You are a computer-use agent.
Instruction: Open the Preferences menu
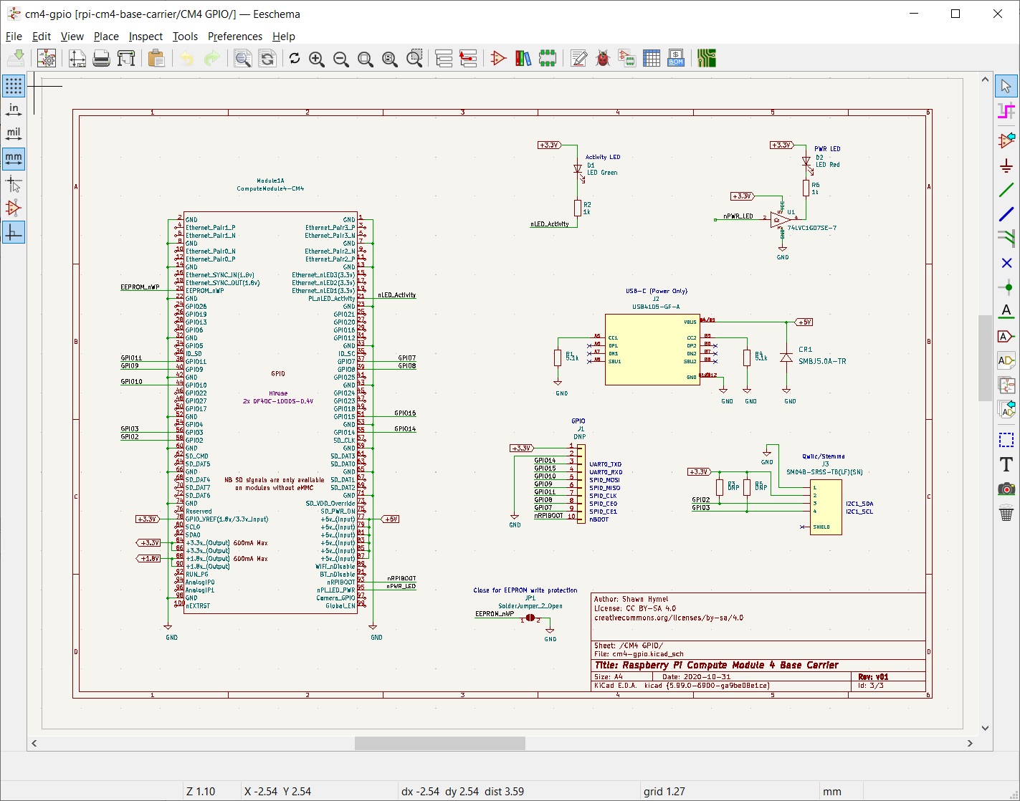point(234,37)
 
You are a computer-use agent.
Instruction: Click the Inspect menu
point(146,37)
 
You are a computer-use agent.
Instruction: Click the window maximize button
point(955,14)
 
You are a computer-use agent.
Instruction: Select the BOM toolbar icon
point(675,59)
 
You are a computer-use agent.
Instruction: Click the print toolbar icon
point(101,59)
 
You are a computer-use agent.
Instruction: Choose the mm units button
point(14,158)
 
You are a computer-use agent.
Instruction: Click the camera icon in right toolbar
point(1006,489)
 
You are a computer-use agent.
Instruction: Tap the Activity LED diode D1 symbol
point(578,170)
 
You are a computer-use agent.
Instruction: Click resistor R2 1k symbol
point(578,208)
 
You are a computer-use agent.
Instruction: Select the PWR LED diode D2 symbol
point(806,163)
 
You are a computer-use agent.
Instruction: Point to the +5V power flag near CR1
point(804,322)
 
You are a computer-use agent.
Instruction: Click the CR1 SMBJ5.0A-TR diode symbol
point(786,357)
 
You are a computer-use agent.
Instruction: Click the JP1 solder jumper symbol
point(530,618)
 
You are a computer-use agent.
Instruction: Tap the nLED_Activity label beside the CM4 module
point(396,294)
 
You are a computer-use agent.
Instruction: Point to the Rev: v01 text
point(873,676)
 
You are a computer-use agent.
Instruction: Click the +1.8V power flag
point(149,558)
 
